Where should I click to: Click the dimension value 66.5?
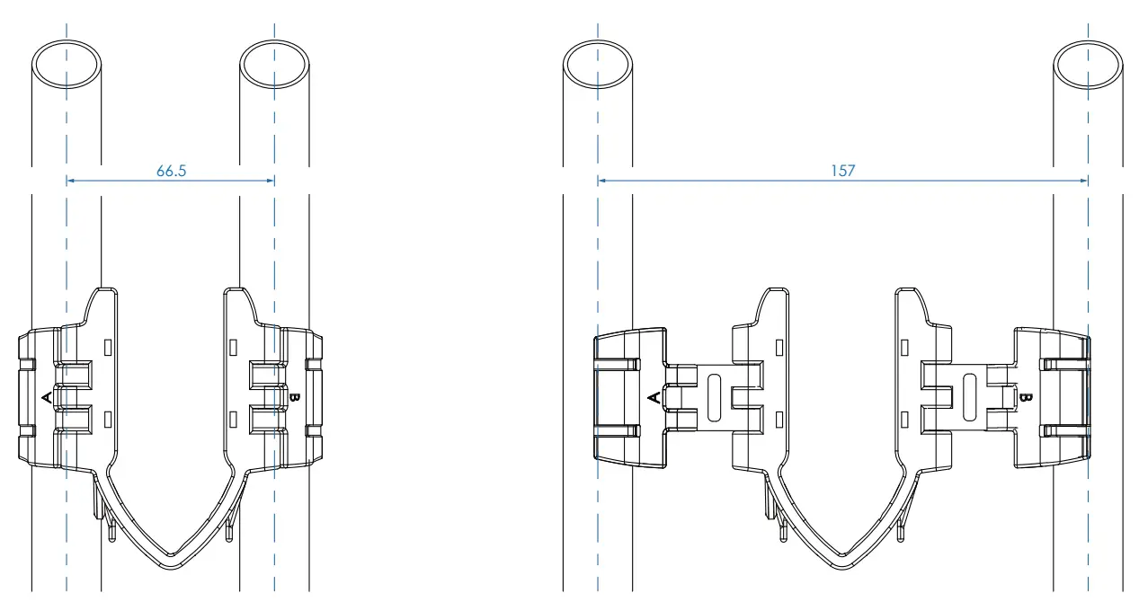pos(171,171)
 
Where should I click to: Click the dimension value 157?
pos(842,171)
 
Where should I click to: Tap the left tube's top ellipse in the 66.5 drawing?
pos(67,66)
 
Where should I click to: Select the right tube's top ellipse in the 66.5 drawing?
pos(274,66)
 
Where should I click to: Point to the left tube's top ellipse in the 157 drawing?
pos(598,66)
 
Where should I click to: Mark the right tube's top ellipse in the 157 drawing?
pos(1088,66)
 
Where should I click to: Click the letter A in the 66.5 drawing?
pos(47,396)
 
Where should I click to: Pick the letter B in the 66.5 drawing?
pos(296,396)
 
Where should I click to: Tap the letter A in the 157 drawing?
pos(654,396)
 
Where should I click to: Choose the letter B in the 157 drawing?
pos(1028,396)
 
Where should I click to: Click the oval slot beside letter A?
pos(715,396)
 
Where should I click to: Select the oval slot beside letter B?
pos(968,396)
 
